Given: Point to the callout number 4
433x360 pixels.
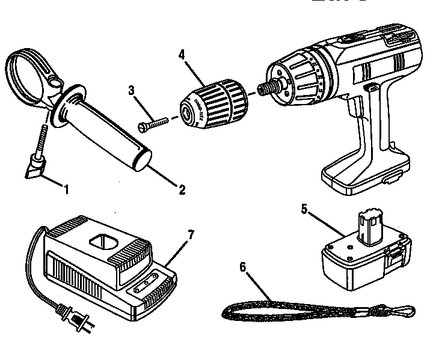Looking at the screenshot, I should click(181, 53).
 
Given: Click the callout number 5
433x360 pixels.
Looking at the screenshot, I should click(304, 210).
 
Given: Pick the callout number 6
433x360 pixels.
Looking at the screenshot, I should click(242, 268).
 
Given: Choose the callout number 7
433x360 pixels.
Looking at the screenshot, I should click(191, 234).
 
